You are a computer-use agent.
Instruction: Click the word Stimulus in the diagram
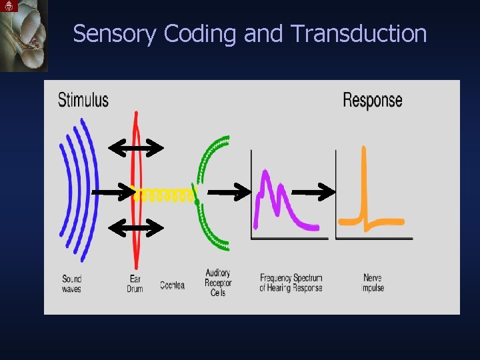(83, 100)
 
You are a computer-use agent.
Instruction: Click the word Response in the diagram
(372, 100)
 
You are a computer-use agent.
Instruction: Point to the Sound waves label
(71, 283)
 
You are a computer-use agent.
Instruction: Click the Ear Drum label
(135, 283)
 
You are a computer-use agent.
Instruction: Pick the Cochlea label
(172, 285)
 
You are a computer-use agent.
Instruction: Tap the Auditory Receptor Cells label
(218, 283)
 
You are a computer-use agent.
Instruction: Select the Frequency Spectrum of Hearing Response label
(291, 283)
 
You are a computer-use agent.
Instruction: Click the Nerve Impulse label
(373, 283)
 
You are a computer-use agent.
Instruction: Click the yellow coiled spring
(165, 195)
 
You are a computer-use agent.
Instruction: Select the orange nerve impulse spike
(364, 193)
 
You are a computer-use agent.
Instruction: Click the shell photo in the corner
(24, 35)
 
